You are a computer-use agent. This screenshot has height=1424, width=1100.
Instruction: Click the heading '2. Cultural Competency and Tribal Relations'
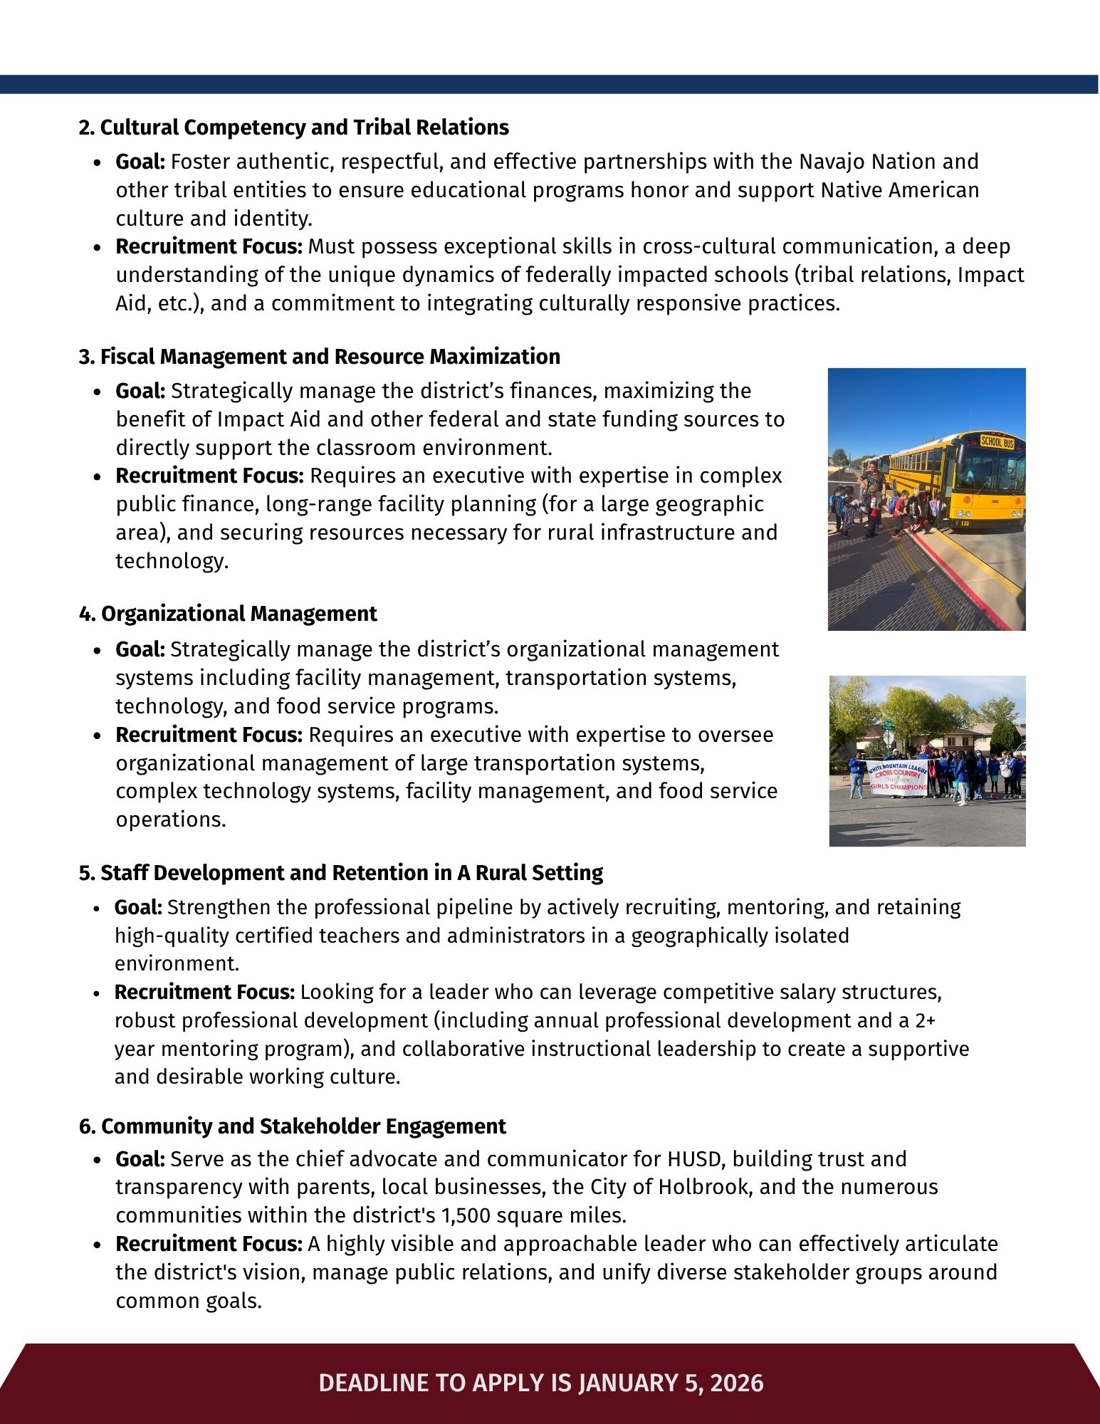point(293,128)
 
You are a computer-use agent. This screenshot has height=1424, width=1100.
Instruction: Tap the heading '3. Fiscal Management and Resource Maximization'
point(319,357)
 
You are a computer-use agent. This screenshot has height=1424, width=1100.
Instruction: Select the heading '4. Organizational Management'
point(228,614)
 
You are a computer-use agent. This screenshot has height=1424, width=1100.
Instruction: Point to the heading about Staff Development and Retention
point(340,873)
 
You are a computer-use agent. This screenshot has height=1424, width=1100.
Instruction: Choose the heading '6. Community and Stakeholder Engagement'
point(292,1126)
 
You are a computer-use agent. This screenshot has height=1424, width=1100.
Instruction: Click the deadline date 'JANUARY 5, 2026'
point(671,1383)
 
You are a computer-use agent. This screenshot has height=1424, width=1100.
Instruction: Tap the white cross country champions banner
point(897,777)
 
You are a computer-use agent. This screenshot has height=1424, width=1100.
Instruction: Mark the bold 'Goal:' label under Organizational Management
point(140,649)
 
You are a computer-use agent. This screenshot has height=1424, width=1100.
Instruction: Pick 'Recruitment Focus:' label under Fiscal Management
point(209,476)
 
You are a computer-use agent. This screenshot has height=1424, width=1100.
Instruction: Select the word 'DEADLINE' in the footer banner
point(374,1383)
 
